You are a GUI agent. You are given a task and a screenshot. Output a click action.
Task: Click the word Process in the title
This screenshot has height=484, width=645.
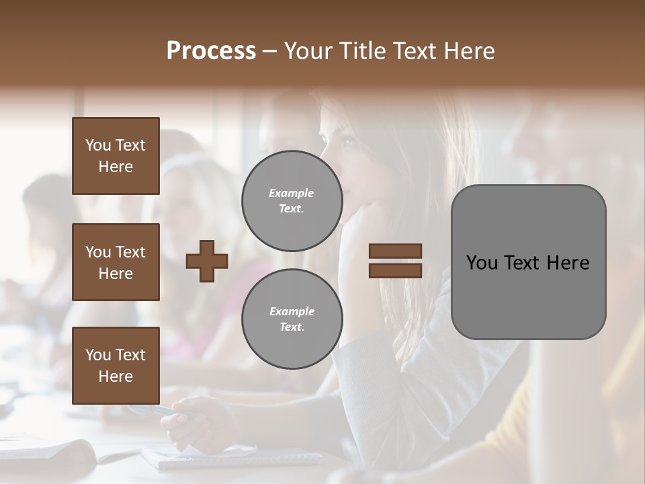(x=211, y=50)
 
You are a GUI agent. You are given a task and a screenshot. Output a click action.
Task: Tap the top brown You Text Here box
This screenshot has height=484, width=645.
(x=116, y=156)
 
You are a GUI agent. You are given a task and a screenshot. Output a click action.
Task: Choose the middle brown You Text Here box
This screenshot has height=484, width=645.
(x=116, y=262)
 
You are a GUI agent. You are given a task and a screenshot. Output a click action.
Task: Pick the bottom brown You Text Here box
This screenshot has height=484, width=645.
(x=116, y=365)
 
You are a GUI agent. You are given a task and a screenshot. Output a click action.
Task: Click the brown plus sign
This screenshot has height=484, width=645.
(x=207, y=261)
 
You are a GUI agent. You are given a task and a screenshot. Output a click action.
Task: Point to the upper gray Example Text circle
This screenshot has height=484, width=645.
(x=292, y=201)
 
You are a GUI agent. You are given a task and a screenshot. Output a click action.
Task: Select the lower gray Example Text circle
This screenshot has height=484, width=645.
(x=292, y=319)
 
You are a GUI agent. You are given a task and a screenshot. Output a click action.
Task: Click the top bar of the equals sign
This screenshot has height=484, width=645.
(x=395, y=251)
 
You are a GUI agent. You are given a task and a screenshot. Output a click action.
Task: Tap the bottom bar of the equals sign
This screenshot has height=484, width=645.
(x=395, y=270)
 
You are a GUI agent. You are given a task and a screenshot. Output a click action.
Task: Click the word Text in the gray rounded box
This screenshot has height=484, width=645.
(x=526, y=262)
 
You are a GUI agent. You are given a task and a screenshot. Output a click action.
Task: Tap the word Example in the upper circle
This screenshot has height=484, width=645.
(x=291, y=193)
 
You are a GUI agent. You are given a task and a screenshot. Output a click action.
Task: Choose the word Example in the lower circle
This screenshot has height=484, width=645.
(x=292, y=311)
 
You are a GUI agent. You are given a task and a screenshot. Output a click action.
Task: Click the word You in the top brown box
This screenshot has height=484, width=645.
(x=98, y=145)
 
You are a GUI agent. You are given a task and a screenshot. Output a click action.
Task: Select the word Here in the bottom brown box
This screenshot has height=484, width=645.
(x=116, y=376)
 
